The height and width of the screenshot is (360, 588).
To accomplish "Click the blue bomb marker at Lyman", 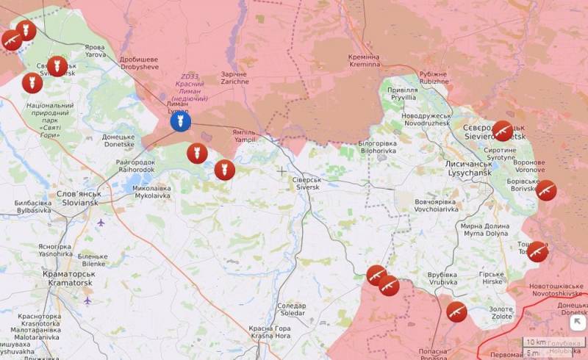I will pyautogui.click(x=181, y=121).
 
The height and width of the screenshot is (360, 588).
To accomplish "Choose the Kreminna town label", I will pyautogui.click(x=365, y=60).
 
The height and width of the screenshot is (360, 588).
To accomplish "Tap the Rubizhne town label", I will pyautogui.click(x=433, y=77).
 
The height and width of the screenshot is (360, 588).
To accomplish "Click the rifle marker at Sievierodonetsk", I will pyautogui.click(x=503, y=131).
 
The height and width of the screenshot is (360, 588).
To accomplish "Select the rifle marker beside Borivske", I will pyautogui.click(x=545, y=190).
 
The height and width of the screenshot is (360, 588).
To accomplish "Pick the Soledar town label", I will pyautogui.click(x=292, y=309).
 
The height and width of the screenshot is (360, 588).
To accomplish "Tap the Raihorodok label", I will pyautogui.click(x=135, y=165).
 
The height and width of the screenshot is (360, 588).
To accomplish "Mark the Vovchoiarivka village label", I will pyautogui.click(x=436, y=205).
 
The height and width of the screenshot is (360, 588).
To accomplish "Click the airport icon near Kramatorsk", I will pyautogui.click(x=87, y=300).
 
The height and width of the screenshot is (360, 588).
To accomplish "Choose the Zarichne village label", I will pyautogui.click(x=234, y=78).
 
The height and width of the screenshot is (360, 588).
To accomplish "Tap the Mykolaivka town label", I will pyautogui.click(x=151, y=192).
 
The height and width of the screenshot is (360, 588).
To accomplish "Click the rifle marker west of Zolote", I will pyautogui.click(x=456, y=312).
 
